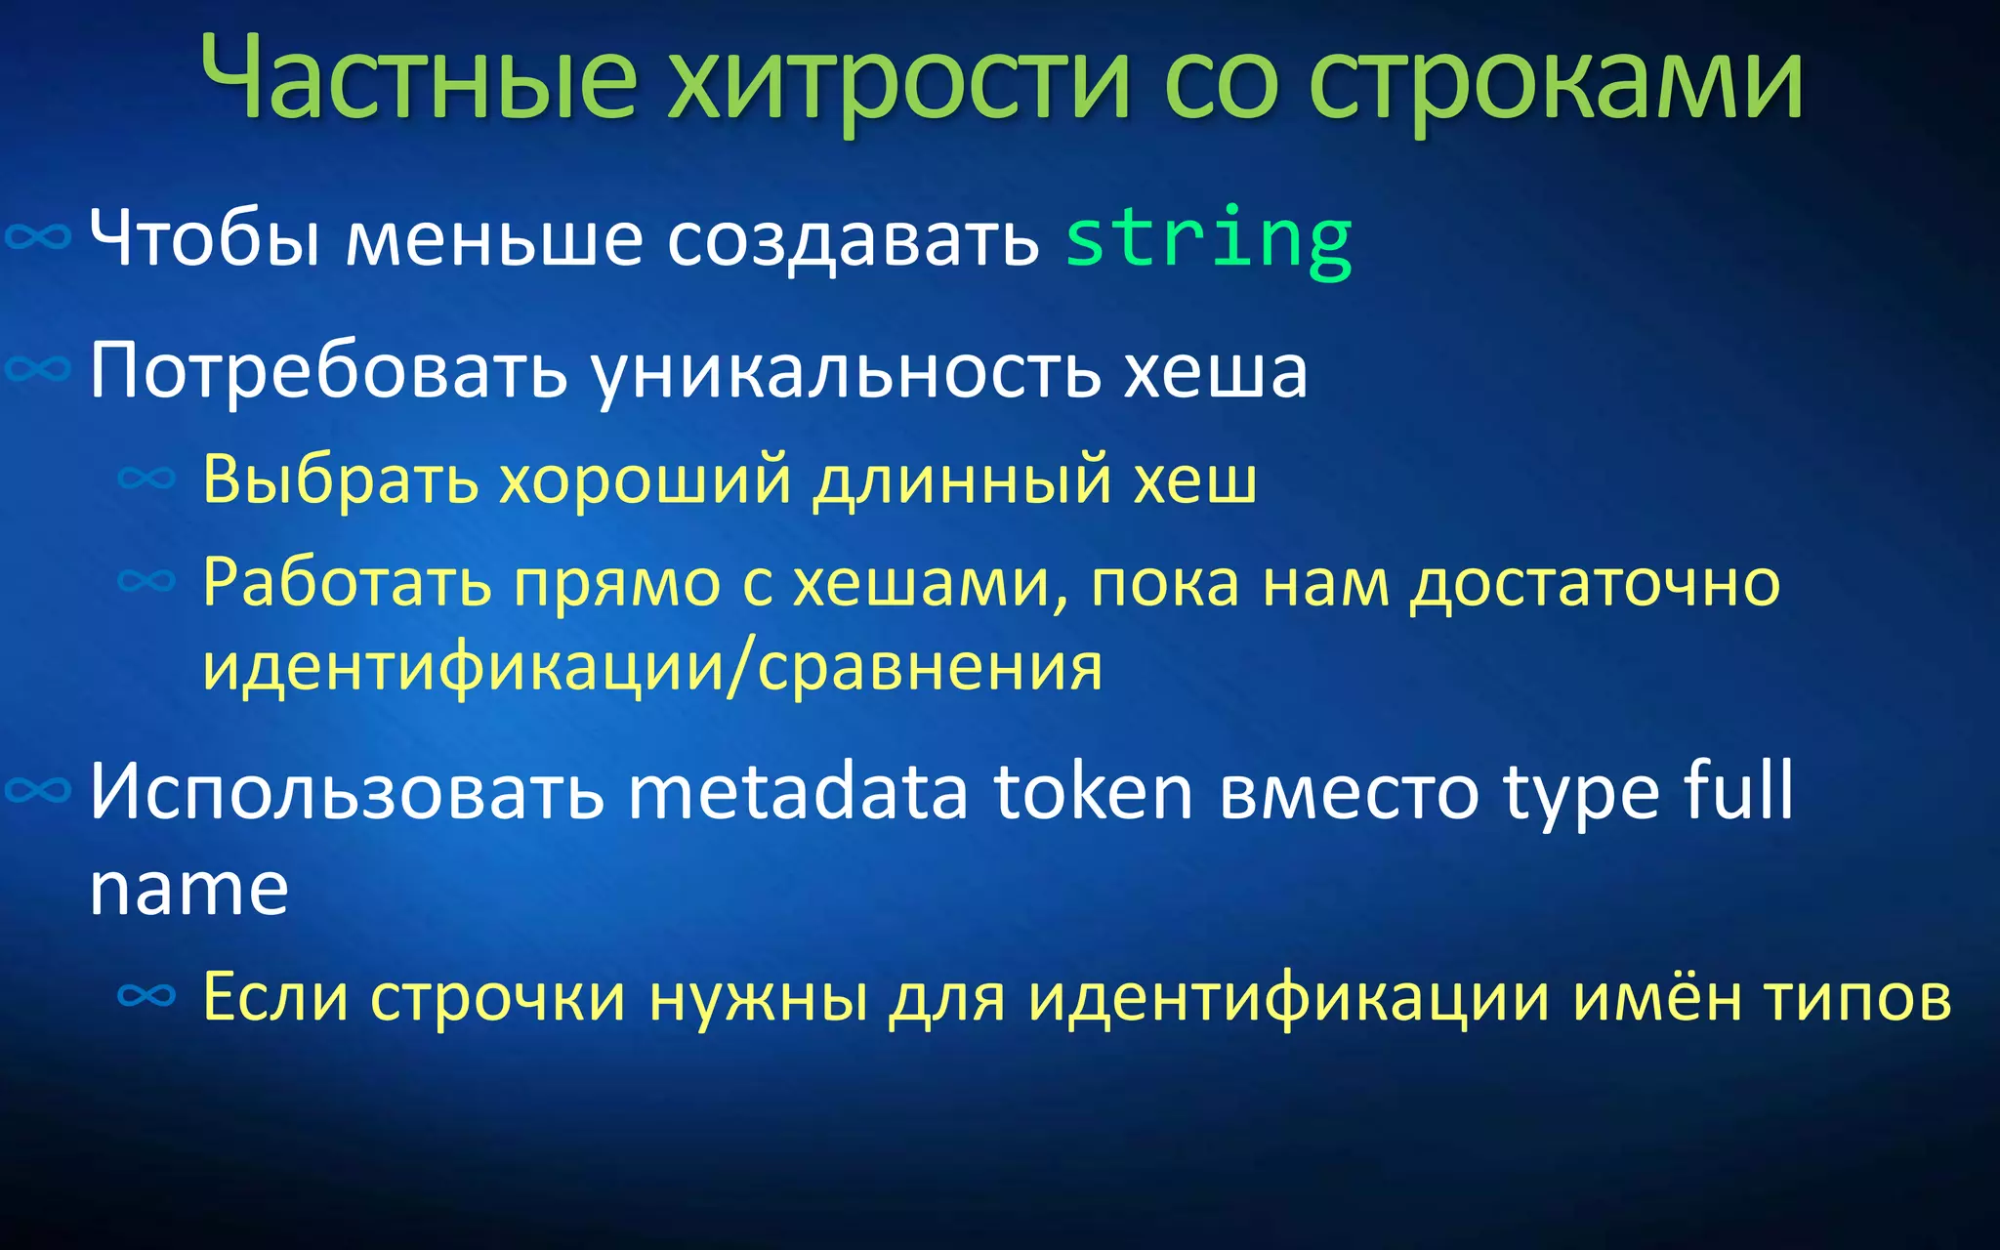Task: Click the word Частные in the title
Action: [420, 78]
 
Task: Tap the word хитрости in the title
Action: [898, 78]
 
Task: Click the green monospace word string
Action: [1208, 239]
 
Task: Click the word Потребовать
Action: [328, 371]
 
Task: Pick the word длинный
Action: [962, 479]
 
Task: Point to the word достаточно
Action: [1595, 583]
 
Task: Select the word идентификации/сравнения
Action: [652, 668]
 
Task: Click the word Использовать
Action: [347, 791]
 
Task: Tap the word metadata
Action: [797, 791]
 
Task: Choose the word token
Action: [1094, 791]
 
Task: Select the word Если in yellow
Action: [275, 997]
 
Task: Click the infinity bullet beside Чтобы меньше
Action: [38, 237]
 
